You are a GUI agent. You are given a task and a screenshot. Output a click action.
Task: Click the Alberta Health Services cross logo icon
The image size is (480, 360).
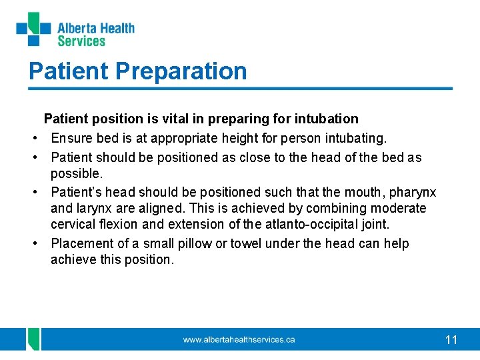[x=33, y=29]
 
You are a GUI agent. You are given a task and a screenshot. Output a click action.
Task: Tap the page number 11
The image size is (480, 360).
[x=451, y=340]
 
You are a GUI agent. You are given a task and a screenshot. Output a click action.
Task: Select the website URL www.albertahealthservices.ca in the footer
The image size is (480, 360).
[x=239, y=340]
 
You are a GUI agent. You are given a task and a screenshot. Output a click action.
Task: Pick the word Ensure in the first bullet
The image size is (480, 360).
[x=71, y=138]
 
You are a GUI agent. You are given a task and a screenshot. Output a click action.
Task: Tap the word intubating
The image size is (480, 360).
[x=355, y=138]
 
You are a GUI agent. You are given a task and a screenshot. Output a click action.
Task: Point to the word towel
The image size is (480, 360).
[x=245, y=243]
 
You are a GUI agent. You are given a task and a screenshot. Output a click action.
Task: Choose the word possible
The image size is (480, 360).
[x=75, y=173]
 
